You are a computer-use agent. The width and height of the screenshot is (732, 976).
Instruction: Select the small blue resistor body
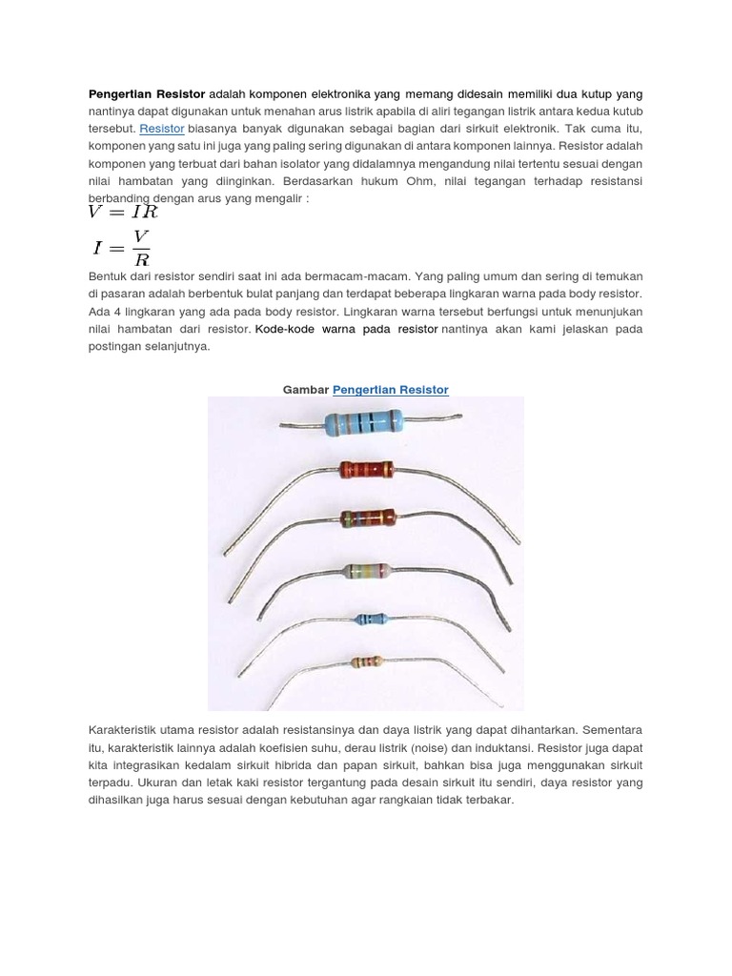coord(370,620)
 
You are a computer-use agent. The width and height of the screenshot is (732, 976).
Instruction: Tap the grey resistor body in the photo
coord(368,571)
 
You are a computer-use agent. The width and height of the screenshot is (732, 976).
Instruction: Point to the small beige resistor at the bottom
coord(366,661)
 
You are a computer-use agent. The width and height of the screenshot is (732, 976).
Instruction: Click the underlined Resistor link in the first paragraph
coord(162,128)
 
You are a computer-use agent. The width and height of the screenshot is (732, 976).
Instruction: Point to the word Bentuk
coord(108,276)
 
